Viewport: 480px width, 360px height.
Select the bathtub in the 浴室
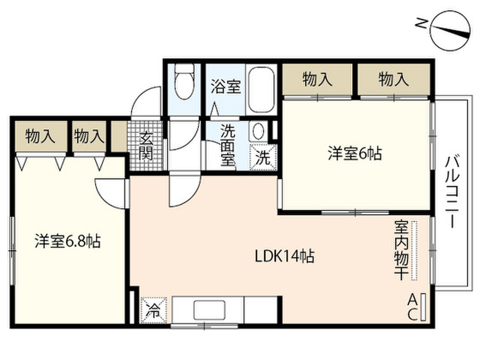click(262, 90)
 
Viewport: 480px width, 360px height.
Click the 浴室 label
click(225, 86)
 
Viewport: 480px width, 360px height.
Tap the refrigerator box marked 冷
click(153, 310)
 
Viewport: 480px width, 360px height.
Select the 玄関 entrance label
click(146, 146)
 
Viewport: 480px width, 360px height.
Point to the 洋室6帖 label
click(354, 154)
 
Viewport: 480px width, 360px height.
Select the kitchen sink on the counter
click(209, 310)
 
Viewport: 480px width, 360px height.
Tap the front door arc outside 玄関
click(146, 102)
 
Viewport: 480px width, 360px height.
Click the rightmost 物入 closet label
click(393, 80)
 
